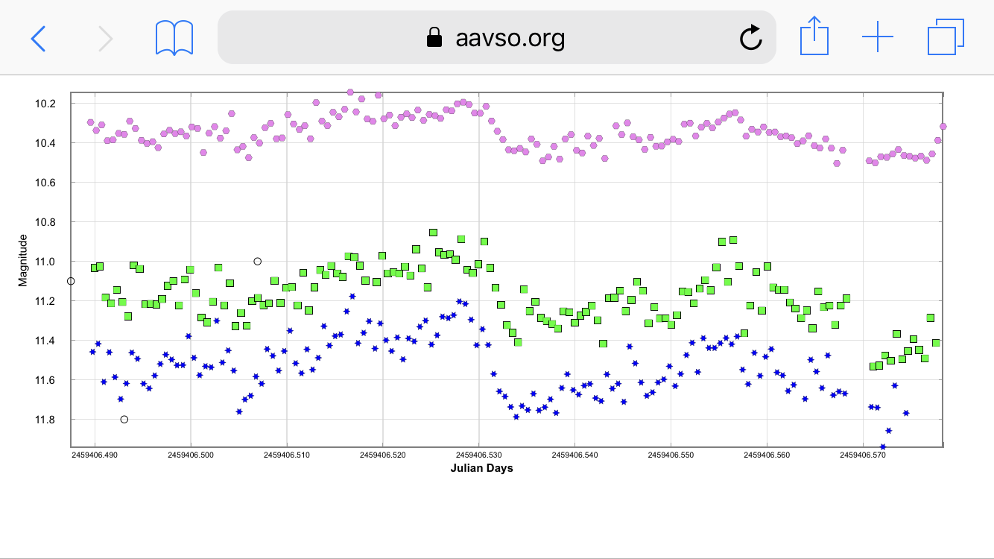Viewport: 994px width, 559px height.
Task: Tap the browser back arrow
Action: pos(38,38)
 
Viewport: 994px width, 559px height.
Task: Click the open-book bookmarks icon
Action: pos(174,38)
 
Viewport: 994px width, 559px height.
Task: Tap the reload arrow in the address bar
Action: pos(750,37)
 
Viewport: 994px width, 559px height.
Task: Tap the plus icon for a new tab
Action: pos(878,37)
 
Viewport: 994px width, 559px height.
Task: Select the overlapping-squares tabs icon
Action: pos(946,37)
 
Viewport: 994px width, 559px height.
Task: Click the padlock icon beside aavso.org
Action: pos(434,38)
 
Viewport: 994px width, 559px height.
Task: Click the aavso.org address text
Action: pos(510,38)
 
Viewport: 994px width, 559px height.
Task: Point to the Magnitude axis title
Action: pos(23,260)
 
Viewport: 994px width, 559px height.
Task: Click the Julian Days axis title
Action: pos(481,469)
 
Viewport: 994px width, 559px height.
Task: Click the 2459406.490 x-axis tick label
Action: pos(95,453)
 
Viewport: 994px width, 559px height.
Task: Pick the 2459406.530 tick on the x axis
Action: pos(478,453)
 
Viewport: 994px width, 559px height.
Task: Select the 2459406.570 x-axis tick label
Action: pos(862,453)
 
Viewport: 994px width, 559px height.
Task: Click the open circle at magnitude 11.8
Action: pos(124,420)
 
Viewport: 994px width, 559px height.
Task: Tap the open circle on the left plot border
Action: pos(71,281)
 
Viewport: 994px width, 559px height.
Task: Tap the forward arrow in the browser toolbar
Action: pos(106,38)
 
